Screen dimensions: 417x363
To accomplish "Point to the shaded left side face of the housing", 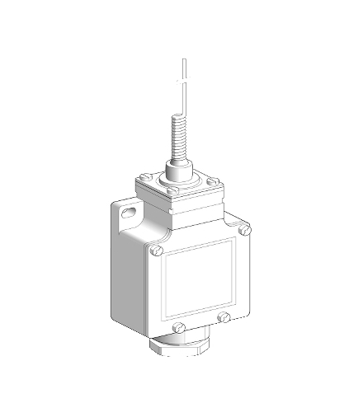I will click(128, 272).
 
